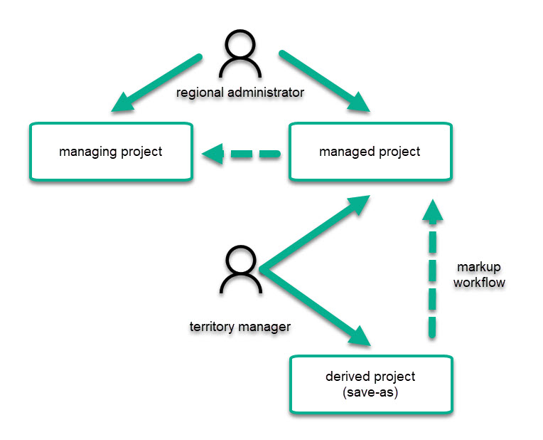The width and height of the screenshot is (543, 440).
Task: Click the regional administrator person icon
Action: pyautogui.click(x=240, y=56)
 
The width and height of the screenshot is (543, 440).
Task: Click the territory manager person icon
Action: pyautogui.click(x=240, y=270)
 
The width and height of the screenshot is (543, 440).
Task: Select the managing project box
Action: pyautogui.click(x=110, y=152)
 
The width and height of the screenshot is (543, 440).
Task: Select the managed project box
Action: pyautogui.click(x=370, y=152)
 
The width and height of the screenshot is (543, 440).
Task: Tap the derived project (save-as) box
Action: pyautogui.click(x=370, y=384)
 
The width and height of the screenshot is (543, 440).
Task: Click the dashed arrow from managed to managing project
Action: pyautogui.click(x=242, y=152)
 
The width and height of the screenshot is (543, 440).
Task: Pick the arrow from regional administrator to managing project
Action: pyautogui.click(x=154, y=83)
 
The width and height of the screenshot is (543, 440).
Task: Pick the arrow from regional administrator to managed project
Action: pyautogui.click(x=325, y=82)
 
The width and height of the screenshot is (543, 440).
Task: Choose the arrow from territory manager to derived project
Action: pyautogui.click(x=316, y=306)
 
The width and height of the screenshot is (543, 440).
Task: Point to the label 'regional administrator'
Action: pyautogui.click(x=240, y=93)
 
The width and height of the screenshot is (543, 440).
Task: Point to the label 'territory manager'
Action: pyautogui.click(x=240, y=328)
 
